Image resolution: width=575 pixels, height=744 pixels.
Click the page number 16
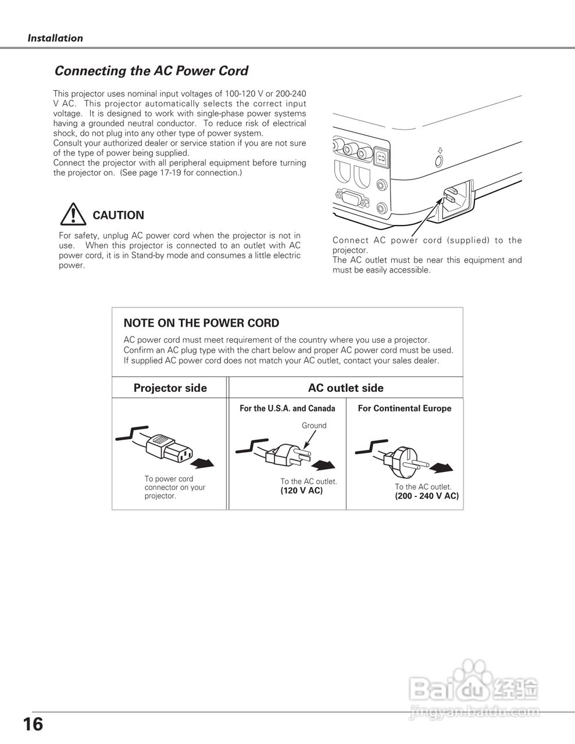(x=33, y=724)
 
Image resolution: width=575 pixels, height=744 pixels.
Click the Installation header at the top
(x=55, y=38)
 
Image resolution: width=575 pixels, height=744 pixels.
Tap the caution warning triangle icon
(x=72, y=215)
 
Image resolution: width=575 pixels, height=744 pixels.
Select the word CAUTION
(x=119, y=215)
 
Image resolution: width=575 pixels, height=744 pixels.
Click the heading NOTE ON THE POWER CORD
(x=201, y=323)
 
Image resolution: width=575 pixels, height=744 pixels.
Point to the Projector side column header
(x=170, y=388)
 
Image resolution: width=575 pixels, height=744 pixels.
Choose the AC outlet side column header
(x=345, y=388)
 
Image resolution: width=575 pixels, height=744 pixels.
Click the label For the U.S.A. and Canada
(x=287, y=409)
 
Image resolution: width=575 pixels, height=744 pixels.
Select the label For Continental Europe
(x=405, y=409)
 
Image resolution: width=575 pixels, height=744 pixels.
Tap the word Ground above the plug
(x=314, y=425)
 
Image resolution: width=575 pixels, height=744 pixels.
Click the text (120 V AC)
(x=301, y=491)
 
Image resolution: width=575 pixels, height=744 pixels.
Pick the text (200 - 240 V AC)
(x=427, y=496)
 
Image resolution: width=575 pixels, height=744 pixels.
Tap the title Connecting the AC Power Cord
(x=151, y=71)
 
